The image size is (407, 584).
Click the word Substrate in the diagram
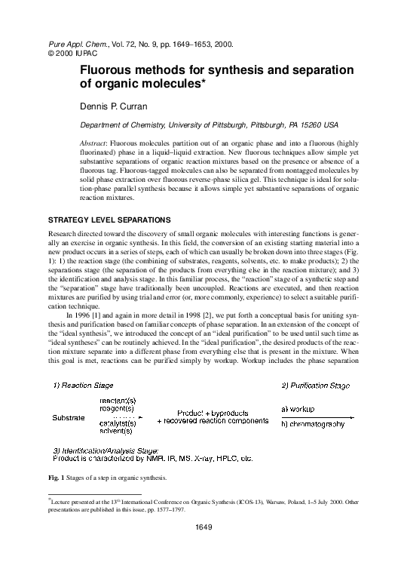point(69,416)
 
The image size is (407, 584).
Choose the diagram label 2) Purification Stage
point(317,386)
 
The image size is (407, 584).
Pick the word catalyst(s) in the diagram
point(117,423)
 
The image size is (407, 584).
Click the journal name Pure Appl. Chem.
point(69,45)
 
